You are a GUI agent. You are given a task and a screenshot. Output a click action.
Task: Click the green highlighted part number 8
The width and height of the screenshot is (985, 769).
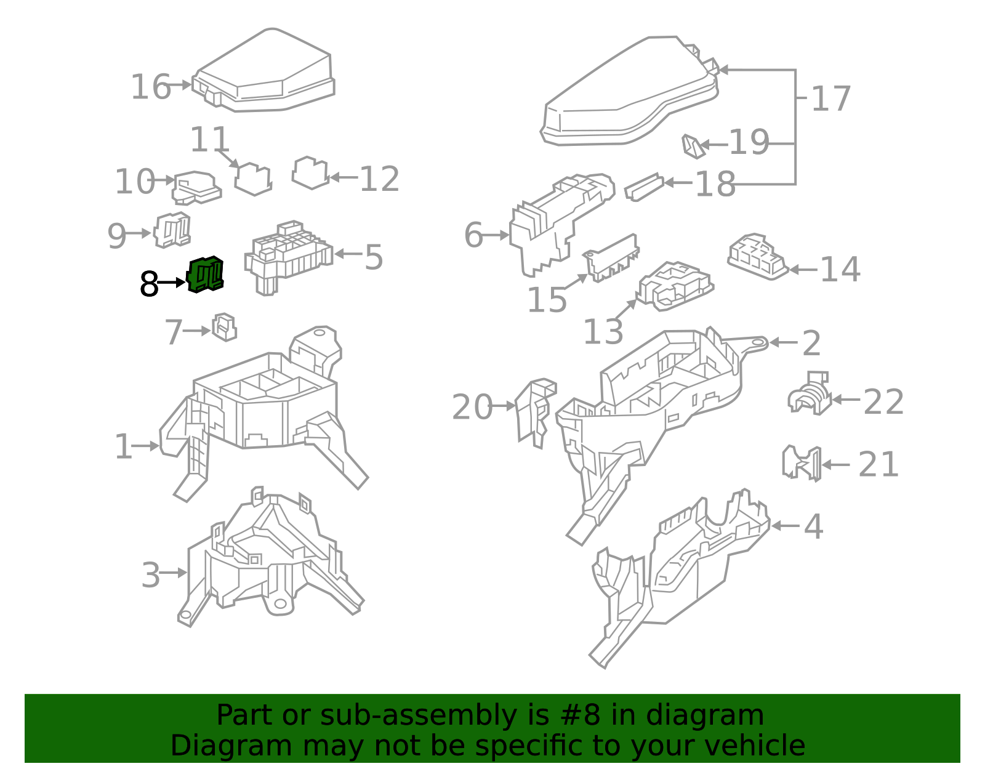point(206,274)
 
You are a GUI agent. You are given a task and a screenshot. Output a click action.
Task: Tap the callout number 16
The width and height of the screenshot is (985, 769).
point(150,87)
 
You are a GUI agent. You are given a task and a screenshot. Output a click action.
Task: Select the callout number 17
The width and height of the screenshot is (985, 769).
point(830,99)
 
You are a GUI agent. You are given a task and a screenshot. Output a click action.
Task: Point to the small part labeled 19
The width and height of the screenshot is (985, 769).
point(693,147)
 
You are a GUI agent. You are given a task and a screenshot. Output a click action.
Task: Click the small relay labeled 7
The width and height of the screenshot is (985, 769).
point(224,327)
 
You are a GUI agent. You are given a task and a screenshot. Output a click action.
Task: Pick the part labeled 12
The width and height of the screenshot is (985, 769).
point(310,172)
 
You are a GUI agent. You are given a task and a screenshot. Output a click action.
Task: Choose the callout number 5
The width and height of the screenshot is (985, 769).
point(374,257)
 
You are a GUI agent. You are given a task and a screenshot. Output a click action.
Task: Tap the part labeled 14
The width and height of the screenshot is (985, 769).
point(757,257)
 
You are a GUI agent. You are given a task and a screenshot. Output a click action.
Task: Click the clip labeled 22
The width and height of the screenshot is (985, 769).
point(810,393)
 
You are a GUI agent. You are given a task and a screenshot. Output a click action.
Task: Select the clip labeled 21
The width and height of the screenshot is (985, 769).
point(802,464)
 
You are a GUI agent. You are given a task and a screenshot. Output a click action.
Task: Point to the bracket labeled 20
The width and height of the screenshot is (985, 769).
point(536,413)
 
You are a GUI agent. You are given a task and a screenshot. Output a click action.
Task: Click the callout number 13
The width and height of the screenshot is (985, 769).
point(603,332)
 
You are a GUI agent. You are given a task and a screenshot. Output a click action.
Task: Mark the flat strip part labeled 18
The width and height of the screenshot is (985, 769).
point(644,187)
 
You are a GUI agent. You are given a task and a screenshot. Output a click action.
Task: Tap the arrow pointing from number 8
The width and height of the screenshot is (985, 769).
point(171,283)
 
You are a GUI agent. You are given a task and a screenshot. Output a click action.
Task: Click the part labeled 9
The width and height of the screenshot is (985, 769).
point(172,230)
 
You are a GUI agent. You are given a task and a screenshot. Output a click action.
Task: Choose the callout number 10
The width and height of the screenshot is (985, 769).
point(135,182)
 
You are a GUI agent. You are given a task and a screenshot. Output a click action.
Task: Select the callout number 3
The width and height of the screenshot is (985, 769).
point(150,575)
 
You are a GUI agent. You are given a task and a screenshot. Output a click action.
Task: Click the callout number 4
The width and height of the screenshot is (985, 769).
point(814,526)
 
